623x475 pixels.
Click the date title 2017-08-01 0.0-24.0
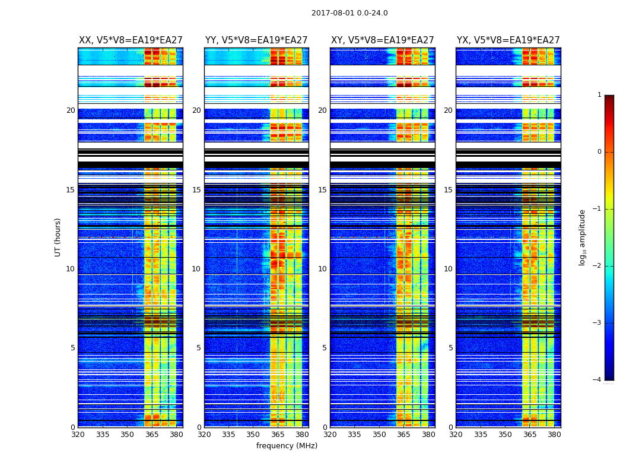coord(349,13)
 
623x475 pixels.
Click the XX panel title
coord(131,40)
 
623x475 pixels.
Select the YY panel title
coord(256,40)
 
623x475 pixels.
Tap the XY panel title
coord(382,40)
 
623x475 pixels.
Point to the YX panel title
coord(508,40)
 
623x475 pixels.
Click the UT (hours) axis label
coord(58,237)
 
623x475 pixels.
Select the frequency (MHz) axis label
coord(287,446)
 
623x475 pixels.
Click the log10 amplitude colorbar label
coord(583,237)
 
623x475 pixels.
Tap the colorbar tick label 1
coord(599,95)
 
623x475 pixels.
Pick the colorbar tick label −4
coord(597,380)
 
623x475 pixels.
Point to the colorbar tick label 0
coord(599,152)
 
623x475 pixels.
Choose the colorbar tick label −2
coord(597,266)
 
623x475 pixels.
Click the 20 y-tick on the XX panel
coord(71,110)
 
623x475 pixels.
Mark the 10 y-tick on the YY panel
coord(196,269)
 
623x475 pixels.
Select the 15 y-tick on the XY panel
coord(322,190)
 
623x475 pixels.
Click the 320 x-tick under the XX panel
coord(78,435)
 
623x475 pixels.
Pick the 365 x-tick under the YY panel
coord(278,435)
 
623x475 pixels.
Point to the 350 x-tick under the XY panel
coord(379,435)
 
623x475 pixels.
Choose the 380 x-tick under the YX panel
coord(554,435)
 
